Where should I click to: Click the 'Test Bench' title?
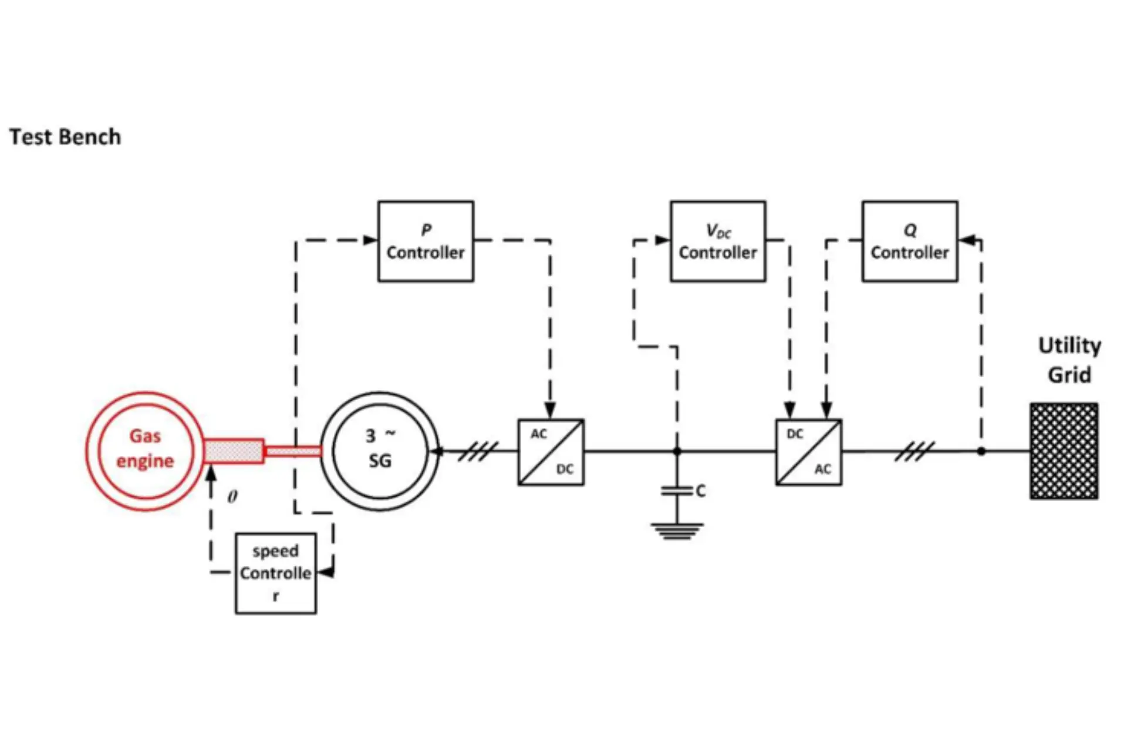coord(65,137)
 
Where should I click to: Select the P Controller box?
coord(426,241)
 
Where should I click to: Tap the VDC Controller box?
coord(718,241)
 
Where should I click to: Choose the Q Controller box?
coord(910,241)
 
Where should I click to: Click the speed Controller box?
coord(275,573)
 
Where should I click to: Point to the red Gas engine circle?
coord(145,451)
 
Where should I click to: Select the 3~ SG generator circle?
coord(380,451)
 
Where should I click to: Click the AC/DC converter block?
coord(551,452)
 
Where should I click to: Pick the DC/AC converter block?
coord(808,452)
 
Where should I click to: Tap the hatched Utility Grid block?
coord(1064,451)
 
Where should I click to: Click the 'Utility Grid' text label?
coord(1069,360)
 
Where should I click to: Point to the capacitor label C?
coord(700,491)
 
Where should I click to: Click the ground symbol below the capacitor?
coord(677,531)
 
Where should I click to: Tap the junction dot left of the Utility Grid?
coord(981,451)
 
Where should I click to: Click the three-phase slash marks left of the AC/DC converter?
coord(477,451)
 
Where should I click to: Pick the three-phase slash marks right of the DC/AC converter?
coord(915,451)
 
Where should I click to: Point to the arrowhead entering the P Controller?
coord(370,240)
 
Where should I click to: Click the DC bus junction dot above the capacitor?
coord(677,451)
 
